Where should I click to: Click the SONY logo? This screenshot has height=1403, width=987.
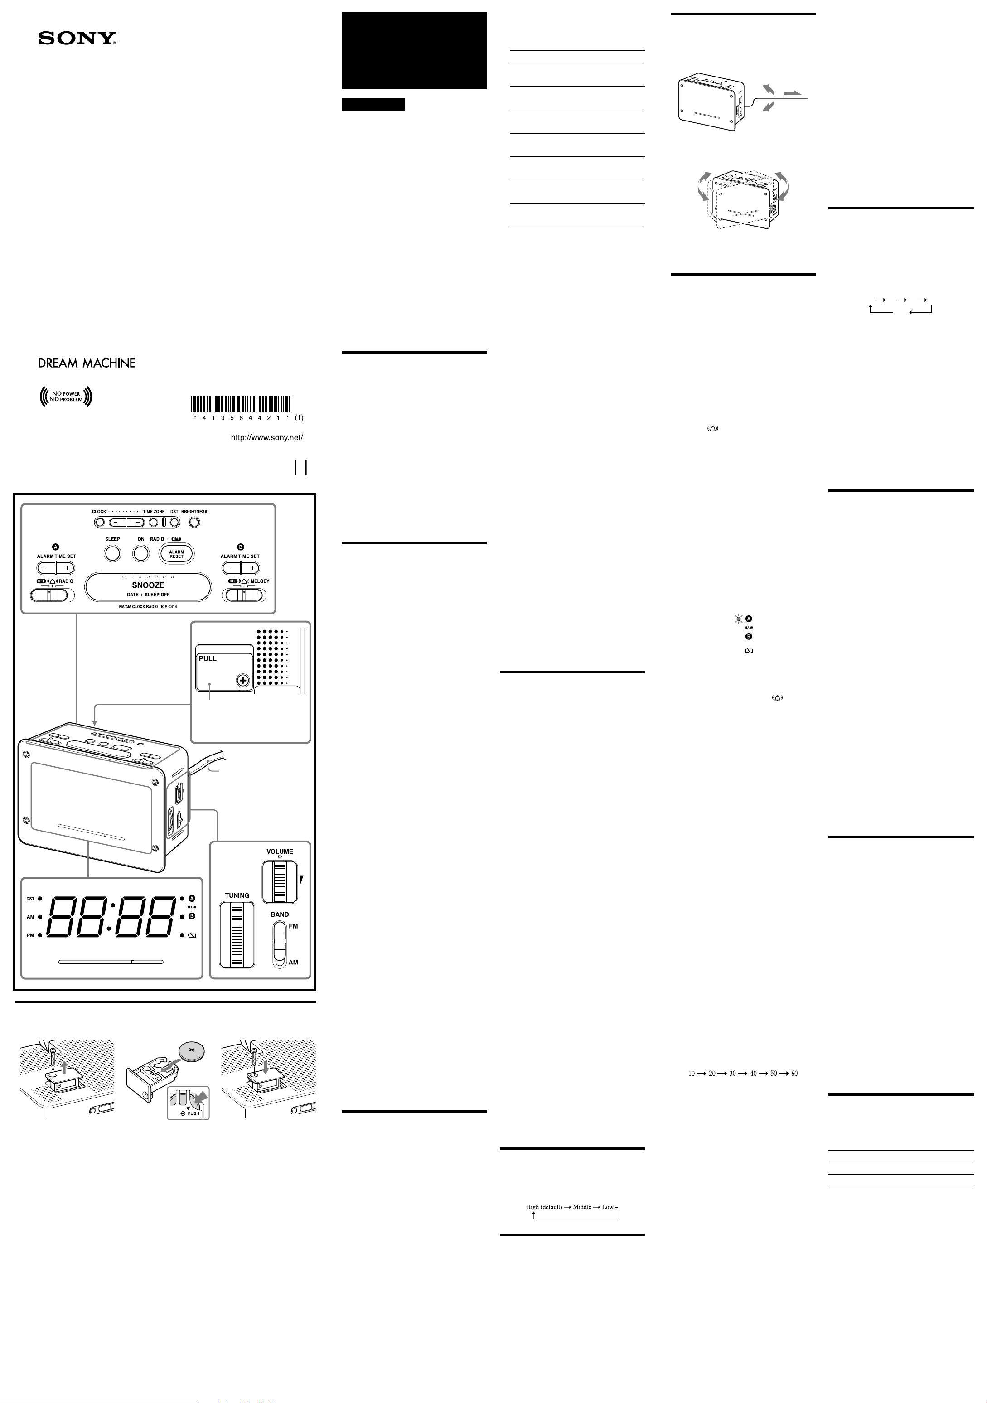77,39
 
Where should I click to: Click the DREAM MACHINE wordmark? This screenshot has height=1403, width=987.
87,363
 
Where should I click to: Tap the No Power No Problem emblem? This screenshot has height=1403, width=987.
65,397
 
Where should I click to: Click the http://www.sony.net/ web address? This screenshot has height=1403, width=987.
266,437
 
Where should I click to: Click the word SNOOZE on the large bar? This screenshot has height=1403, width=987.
148,585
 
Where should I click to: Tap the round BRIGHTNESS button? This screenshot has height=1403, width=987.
194,522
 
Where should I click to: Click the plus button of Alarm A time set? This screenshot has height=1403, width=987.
65,568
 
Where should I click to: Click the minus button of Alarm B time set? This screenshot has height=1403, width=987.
230,568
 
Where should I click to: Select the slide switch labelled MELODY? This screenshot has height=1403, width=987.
244,595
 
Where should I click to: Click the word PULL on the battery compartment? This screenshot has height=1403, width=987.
208,659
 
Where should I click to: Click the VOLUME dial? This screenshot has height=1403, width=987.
280,882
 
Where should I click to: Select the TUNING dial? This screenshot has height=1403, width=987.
237,935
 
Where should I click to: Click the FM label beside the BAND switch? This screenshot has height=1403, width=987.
293,926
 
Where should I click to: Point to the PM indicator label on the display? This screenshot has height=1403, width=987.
30,935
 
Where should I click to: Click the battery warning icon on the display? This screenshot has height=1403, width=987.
193,935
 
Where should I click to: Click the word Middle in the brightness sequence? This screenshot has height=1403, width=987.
582,1207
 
